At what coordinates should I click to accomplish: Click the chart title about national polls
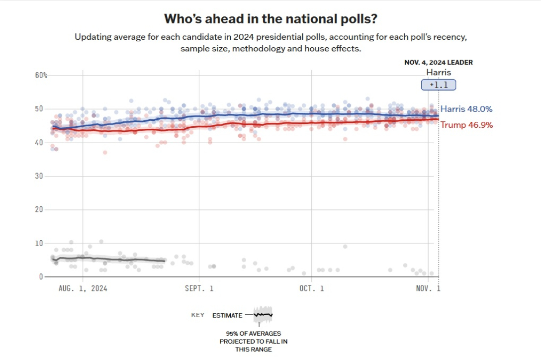point(270,19)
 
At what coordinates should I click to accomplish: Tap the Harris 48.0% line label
point(466,109)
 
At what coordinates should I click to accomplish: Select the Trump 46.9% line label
point(466,125)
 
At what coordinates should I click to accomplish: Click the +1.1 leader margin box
point(438,85)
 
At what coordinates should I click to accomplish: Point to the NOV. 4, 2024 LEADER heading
point(438,63)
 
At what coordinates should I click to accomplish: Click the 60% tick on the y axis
point(41,76)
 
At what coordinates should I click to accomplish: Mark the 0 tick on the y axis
point(41,277)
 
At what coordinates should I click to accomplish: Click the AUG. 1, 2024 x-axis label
point(83,288)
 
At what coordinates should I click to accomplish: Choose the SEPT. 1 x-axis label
point(199,288)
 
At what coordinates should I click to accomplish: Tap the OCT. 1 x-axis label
point(312,288)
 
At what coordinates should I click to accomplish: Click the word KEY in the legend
point(197,315)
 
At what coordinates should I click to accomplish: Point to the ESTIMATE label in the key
point(227,315)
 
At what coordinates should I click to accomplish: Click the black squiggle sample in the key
point(263,315)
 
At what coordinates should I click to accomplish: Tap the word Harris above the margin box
point(439,73)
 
